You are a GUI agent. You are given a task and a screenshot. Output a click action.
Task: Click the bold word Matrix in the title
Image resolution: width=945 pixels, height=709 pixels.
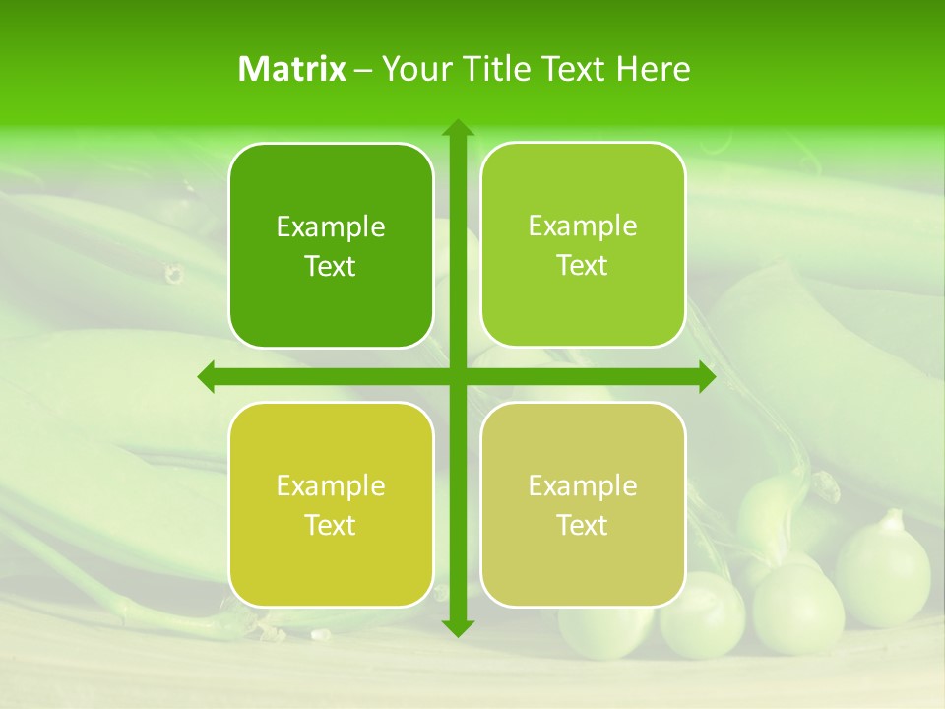(x=292, y=69)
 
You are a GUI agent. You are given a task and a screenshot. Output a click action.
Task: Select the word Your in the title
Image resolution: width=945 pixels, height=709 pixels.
(x=412, y=69)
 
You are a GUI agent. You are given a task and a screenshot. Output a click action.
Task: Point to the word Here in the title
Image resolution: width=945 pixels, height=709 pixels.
(x=654, y=69)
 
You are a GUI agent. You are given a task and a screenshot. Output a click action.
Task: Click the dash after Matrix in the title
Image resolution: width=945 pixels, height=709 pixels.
(x=363, y=70)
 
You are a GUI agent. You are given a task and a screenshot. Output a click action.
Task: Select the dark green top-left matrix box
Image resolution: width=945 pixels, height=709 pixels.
(x=331, y=245)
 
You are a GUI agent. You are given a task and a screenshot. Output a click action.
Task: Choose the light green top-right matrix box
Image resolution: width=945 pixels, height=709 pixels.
(x=583, y=245)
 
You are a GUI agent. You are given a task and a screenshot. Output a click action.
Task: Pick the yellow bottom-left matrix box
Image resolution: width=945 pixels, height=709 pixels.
(x=331, y=505)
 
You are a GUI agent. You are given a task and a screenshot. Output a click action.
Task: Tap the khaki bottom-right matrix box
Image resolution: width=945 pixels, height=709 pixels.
(x=583, y=505)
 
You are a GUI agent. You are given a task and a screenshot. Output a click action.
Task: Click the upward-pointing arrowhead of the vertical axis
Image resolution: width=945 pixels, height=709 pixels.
(x=457, y=127)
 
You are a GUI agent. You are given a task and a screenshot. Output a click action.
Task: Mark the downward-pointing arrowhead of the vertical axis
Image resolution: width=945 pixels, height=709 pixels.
(x=457, y=627)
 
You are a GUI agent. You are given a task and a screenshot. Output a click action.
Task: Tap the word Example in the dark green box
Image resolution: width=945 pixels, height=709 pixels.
(x=331, y=226)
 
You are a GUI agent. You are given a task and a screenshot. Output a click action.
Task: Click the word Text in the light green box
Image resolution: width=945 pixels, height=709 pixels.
(x=583, y=265)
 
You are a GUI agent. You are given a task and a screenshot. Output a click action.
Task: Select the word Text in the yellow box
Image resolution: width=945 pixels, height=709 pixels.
(x=331, y=525)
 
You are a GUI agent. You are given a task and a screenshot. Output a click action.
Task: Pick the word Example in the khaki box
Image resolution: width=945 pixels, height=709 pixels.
(x=583, y=485)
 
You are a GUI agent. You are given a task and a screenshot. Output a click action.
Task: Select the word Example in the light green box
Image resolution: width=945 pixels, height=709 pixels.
(x=583, y=226)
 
